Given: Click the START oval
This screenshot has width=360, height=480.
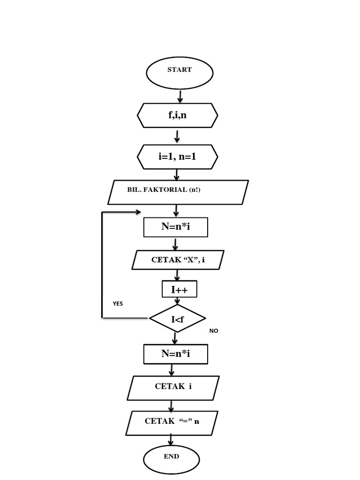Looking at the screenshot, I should [x=180, y=73].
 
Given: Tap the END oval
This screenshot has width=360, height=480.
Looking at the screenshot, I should [x=171, y=459].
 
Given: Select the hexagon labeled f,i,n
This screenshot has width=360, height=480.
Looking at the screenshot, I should [x=178, y=115].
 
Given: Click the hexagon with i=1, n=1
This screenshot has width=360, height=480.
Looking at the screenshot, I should [x=178, y=157].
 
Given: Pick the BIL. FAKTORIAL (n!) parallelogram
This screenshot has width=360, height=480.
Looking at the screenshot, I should [x=178, y=192].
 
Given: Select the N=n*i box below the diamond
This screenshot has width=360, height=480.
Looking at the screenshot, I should [x=175, y=354].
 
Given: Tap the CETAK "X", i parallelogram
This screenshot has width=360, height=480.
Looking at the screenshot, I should [x=178, y=260].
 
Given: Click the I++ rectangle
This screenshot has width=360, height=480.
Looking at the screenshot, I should [x=179, y=290].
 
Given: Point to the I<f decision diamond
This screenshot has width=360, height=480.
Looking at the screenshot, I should [x=178, y=319].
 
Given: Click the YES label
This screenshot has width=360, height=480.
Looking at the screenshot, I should [x=118, y=303].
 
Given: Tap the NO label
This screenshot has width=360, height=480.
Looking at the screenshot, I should [x=214, y=330].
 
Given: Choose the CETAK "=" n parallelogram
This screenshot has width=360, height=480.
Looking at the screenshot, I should [x=172, y=421].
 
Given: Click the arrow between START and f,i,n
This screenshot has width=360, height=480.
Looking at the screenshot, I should [x=180, y=97].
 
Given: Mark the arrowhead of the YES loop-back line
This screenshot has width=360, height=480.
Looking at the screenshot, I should [x=138, y=212].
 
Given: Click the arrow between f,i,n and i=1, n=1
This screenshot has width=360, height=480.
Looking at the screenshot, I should [x=177, y=136].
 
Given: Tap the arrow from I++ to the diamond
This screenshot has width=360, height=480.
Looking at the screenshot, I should [x=177, y=301].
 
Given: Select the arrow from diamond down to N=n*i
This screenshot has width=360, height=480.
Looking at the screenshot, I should [x=175, y=338].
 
